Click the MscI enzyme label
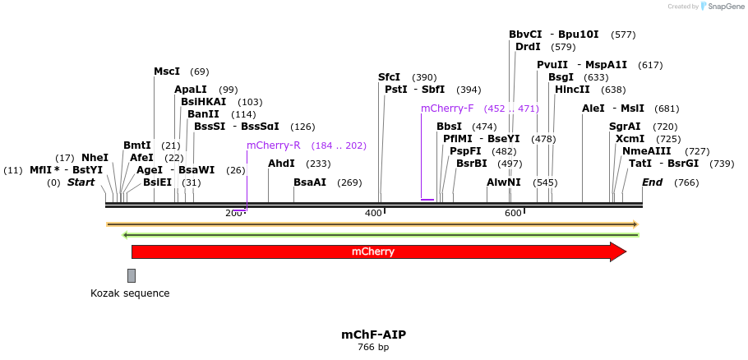[x=167, y=72]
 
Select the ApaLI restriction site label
[x=191, y=90]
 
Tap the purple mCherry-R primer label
[x=274, y=145]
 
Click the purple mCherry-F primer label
[x=447, y=108]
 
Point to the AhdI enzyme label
[x=281, y=164]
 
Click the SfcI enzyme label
[x=389, y=77]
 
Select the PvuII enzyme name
[x=552, y=65]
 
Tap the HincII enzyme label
[x=572, y=90]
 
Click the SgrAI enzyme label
[x=625, y=127]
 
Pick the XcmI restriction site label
[x=630, y=139]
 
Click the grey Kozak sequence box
[x=132, y=275]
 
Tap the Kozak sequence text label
[x=130, y=293]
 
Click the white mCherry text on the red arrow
[x=373, y=252]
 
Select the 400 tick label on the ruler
[x=373, y=213]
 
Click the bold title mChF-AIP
[x=373, y=335]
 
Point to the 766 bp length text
[x=373, y=348]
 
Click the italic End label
[x=652, y=182]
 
